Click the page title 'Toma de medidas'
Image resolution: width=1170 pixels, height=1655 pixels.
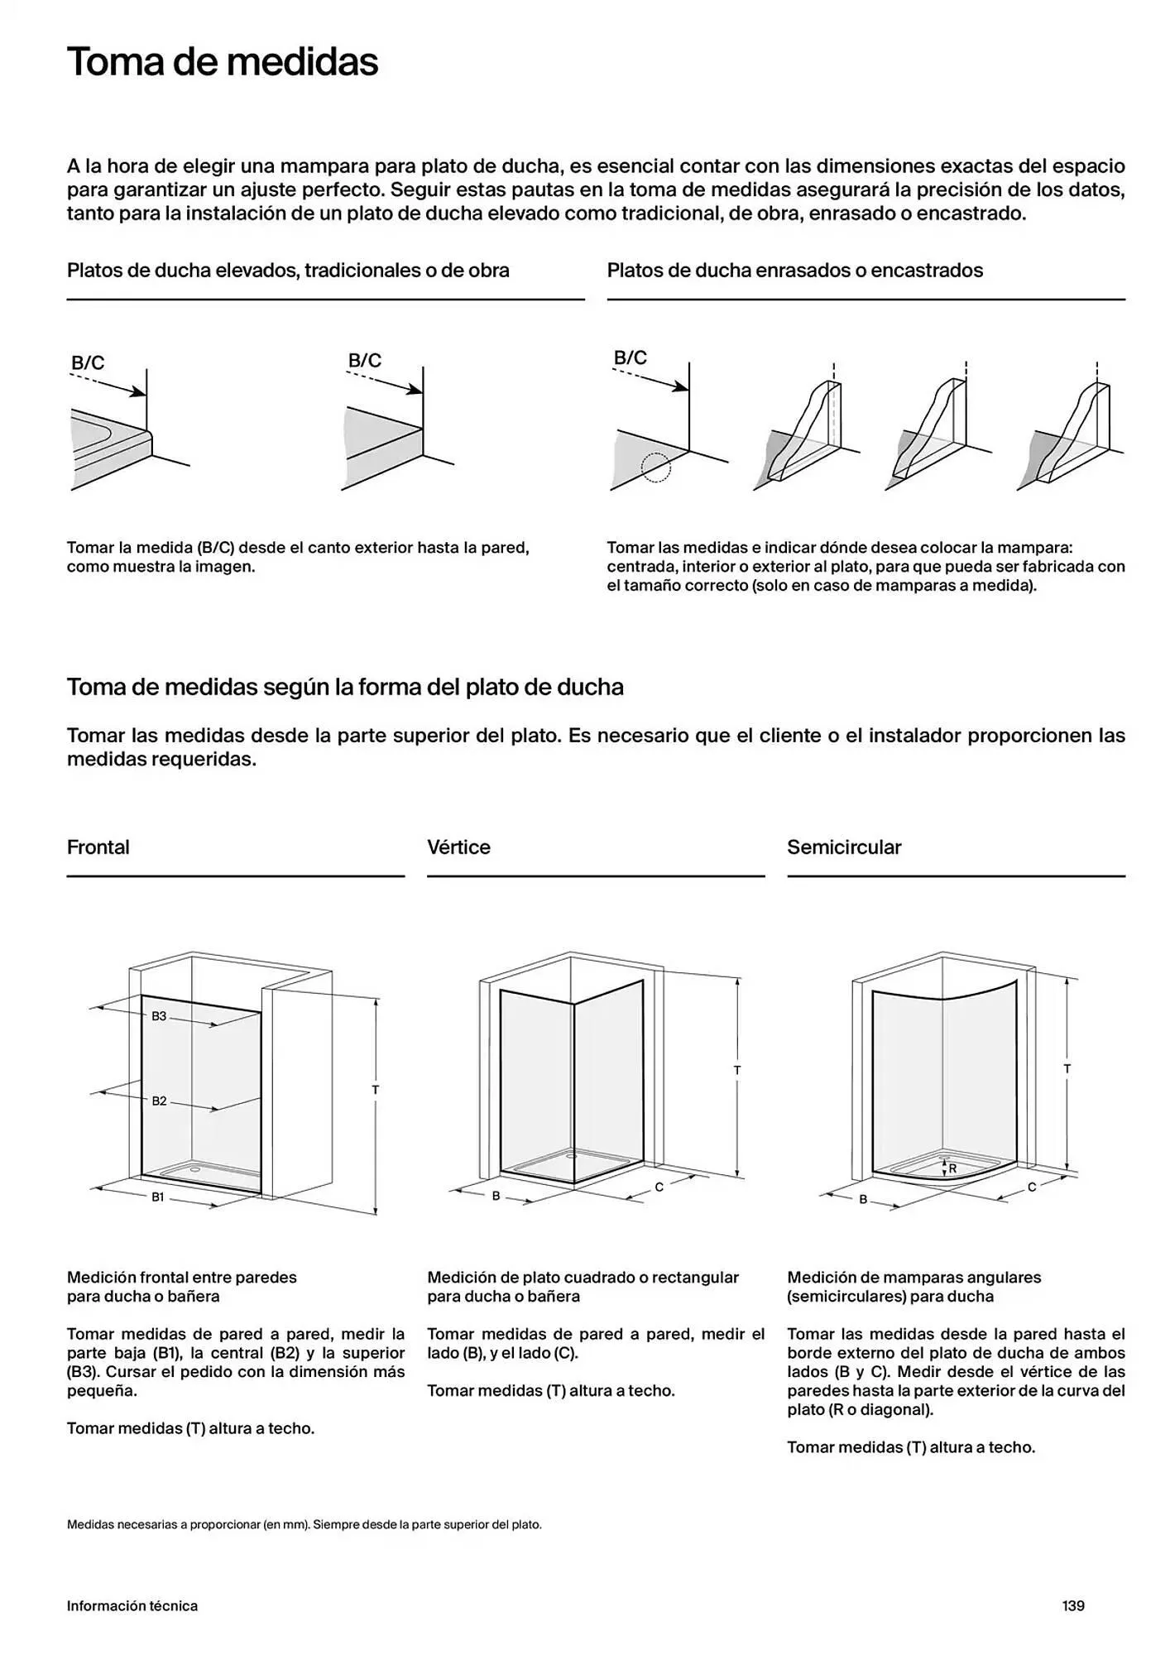(223, 62)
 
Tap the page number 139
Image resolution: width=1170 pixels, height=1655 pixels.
(1073, 1605)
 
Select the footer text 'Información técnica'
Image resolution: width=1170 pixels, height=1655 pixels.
(132, 1605)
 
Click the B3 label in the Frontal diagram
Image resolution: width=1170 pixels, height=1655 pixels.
(159, 1016)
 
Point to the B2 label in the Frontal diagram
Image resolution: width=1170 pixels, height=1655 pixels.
(159, 1101)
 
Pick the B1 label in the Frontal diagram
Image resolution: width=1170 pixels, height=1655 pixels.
(157, 1197)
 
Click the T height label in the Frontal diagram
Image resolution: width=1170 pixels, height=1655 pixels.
(375, 1090)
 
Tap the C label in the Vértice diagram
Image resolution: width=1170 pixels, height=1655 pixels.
(659, 1187)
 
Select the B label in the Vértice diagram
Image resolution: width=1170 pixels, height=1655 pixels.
(496, 1196)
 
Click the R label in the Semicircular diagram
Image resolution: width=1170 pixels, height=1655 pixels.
(952, 1168)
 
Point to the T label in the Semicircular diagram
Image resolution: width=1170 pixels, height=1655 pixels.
(1067, 1069)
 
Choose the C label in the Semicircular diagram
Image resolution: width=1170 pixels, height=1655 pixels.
(1032, 1187)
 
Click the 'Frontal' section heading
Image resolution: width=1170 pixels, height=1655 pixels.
(98, 847)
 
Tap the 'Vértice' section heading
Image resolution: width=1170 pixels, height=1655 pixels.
(459, 847)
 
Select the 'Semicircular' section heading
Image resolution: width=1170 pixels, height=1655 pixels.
(844, 847)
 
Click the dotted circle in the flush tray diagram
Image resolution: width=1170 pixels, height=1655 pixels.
(656, 468)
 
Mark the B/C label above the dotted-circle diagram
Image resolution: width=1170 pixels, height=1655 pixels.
(631, 357)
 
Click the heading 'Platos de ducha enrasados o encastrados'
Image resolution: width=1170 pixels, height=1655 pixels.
(795, 271)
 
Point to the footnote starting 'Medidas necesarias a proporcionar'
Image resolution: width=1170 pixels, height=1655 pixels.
(304, 1524)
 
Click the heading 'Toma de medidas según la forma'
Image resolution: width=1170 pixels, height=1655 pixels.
(345, 687)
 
